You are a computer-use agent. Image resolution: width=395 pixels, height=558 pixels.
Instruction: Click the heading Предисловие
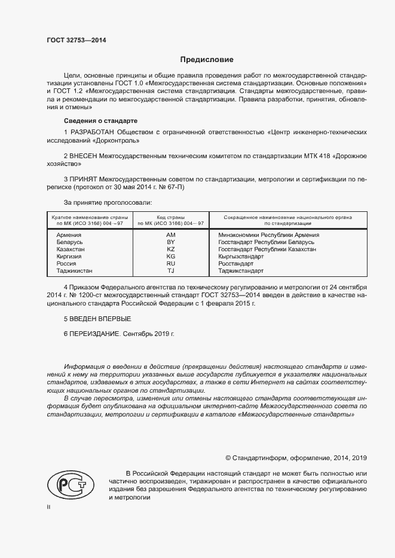pyautogui.click(x=207, y=60)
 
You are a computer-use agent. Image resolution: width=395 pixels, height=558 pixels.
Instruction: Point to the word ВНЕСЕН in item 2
pyautogui.click(x=84, y=155)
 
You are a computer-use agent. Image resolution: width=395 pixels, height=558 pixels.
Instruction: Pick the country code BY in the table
pyautogui.click(x=170, y=242)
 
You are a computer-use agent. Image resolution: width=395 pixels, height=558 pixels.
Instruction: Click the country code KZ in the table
pyautogui.click(x=170, y=249)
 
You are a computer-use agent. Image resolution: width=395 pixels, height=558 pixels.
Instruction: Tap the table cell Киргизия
pyautogui.click(x=69, y=257)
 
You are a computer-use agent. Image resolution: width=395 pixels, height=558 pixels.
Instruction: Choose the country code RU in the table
pyautogui.click(x=170, y=263)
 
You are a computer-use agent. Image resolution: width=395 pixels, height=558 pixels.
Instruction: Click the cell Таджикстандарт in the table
pyautogui.click(x=241, y=270)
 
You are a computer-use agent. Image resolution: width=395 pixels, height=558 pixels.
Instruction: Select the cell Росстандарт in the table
pyautogui.click(x=236, y=263)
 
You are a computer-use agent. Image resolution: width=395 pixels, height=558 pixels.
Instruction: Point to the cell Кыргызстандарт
pyautogui.click(x=241, y=257)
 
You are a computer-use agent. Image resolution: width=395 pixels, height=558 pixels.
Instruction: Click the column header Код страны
pyautogui.click(x=170, y=217)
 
